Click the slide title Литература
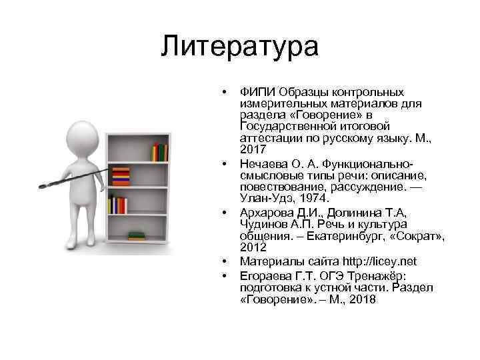(240, 47)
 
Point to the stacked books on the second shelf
(121, 177)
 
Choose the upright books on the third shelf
(118, 205)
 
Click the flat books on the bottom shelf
(136, 236)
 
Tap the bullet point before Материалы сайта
(226, 261)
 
